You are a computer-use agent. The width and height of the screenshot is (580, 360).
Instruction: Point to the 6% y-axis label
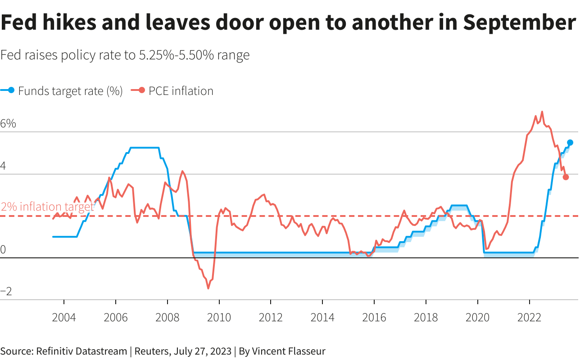[8, 124]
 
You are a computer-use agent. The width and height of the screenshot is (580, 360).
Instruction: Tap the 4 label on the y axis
[3, 166]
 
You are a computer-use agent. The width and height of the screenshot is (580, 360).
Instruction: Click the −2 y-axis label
[6, 292]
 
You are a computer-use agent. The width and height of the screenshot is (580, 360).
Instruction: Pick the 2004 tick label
[64, 318]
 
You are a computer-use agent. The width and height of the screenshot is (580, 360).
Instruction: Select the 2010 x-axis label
[219, 318]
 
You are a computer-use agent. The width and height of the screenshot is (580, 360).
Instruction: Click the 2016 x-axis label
[374, 318]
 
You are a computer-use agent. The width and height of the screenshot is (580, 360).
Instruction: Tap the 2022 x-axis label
[529, 318]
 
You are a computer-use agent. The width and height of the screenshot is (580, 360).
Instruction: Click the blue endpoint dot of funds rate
[570, 143]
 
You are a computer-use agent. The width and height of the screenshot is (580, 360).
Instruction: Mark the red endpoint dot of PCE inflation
[566, 177]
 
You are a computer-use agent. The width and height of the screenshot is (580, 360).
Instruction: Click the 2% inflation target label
[47, 207]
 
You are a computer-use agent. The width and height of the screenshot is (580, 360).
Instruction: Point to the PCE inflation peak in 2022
[542, 112]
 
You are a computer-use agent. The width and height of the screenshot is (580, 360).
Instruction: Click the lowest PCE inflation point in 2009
[208, 288]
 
